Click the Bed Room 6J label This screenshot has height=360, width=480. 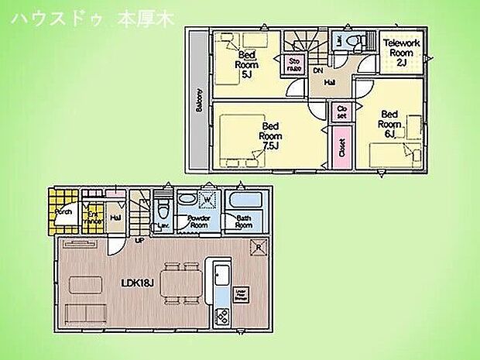(x=390, y=124)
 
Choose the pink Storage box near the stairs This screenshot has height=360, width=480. (x=295, y=64)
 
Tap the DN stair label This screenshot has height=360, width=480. (x=317, y=70)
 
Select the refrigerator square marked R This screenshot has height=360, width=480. (x=258, y=247)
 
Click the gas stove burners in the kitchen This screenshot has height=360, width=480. (x=220, y=316)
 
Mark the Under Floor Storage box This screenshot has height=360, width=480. (x=242, y=294)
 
